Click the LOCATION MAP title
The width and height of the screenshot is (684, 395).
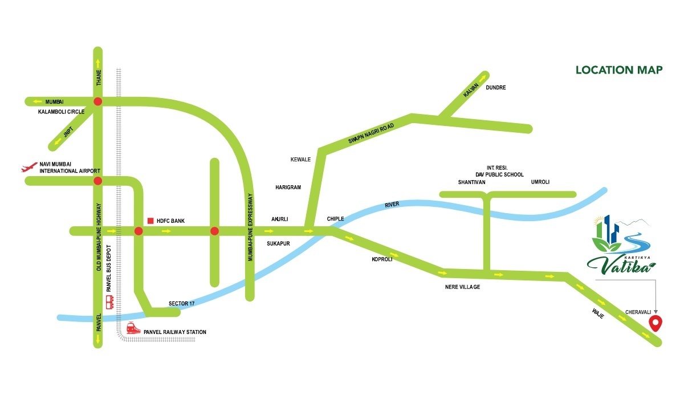coord(618,70)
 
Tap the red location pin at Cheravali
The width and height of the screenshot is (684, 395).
coord(656,324)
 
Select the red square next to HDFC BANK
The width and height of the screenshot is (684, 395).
coord(150,221)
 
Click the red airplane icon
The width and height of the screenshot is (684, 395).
coord(28,168)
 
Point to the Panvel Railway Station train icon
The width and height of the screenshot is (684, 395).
coord(133,328)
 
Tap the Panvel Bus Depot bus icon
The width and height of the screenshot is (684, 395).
coord(110,302)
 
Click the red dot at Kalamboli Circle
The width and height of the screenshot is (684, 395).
coord(97,101)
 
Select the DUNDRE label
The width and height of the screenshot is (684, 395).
coord(495,88)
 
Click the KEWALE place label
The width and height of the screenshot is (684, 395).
coord(300,160)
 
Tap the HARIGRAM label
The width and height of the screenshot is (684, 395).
coord(288,187)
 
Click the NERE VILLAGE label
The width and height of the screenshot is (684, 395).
coord(462,287)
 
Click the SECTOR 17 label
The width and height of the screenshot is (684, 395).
coord(182,303)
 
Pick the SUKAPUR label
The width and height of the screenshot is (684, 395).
coord(279,243)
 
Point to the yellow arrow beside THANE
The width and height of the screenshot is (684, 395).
coord(97,62)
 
